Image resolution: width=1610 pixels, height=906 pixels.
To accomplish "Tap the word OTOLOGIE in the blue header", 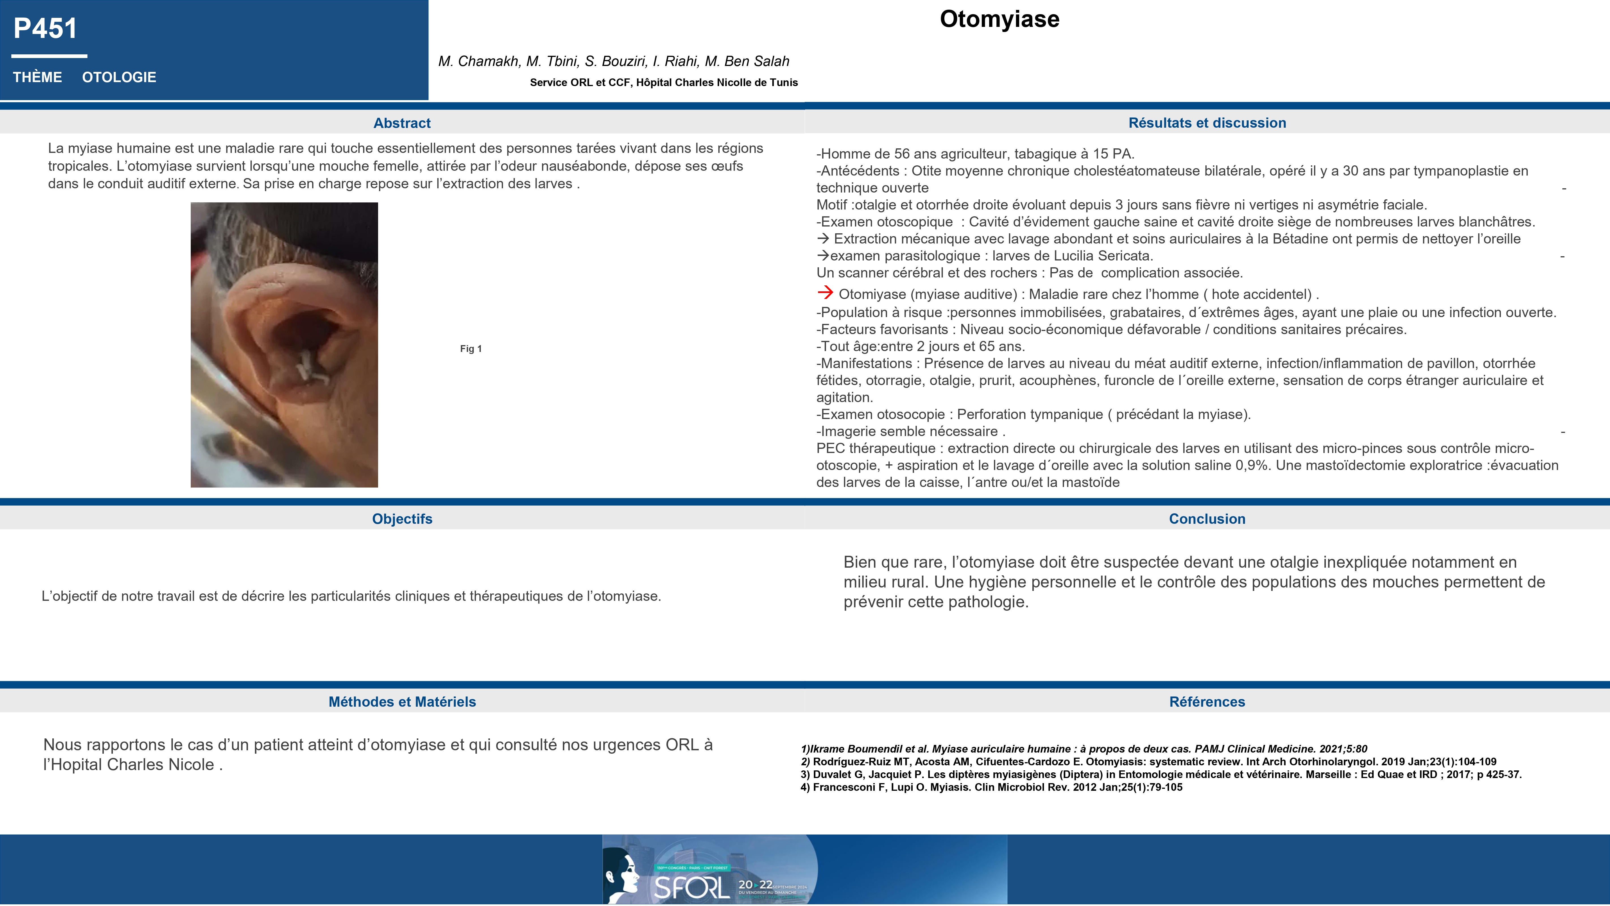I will tap(119, 78).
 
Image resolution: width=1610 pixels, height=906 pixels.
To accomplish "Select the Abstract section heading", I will tap(402, 123).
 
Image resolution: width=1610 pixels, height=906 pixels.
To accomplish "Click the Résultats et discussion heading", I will tap(1207, 123).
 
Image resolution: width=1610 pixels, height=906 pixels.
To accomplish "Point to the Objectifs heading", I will tap(402, 519).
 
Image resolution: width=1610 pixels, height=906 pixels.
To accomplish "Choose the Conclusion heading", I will tap(1207, 519).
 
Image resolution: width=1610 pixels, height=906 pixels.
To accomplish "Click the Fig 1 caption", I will tap(471, 349).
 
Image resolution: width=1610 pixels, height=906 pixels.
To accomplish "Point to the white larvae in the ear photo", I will tap(309, 369).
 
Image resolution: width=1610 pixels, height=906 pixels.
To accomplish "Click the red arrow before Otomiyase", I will tap(825, 293).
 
